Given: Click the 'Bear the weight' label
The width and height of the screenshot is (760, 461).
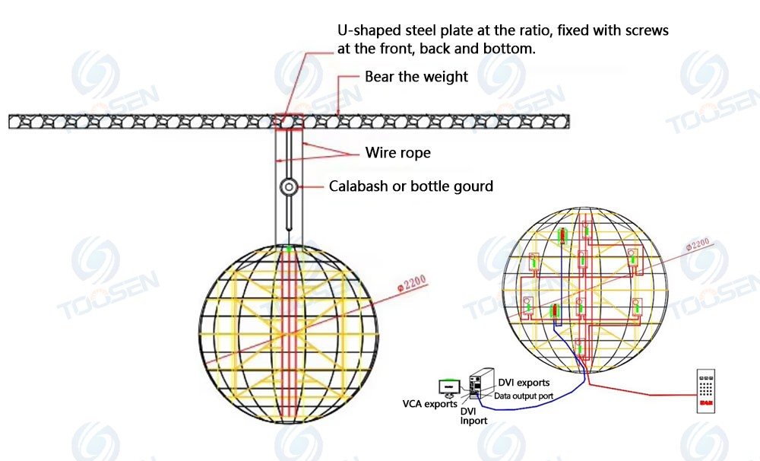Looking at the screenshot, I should click(416, 77).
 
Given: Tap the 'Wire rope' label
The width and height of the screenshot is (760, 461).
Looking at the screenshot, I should click(397, 153).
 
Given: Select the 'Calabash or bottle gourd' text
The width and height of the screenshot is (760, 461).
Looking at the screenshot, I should click(410, 186).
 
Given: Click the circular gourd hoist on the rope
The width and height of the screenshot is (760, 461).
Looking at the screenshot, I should click(289, 186).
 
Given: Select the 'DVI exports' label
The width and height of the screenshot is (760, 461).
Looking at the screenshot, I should click(524, 382).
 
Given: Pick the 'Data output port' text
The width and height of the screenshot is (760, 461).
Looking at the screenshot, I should click(523, 396).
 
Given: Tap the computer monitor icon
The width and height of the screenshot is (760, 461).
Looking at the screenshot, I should click(449, 387).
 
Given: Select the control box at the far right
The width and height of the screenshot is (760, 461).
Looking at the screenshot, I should click(706, 390).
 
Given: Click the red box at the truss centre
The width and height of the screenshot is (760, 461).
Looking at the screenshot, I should click(290, 121).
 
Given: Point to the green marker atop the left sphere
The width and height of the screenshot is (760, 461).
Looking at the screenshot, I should click(289, 247).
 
